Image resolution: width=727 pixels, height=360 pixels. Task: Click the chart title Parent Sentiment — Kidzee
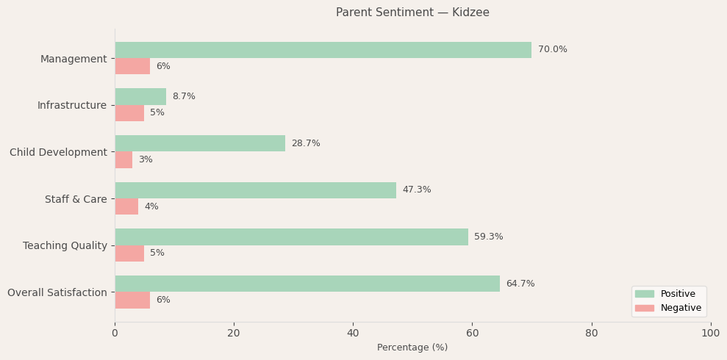(412, 12)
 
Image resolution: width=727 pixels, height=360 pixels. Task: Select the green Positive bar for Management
(323, 50)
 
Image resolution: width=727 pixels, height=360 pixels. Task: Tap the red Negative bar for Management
(132, 66)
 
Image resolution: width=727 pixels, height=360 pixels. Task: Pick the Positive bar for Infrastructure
(140, 96)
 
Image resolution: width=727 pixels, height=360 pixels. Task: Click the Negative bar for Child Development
(123, 159)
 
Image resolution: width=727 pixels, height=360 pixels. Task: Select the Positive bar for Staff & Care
(255, 190)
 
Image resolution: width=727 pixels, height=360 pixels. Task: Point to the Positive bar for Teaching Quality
(291, 237)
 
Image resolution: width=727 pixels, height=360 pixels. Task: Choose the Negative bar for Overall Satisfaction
(132, 300)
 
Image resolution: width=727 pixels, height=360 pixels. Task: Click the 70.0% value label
(552, 50)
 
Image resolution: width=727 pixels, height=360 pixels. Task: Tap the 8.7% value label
(184, 96)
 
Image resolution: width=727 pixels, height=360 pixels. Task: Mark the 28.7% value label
(306, 143)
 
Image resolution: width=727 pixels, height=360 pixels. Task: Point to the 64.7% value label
(520, 284)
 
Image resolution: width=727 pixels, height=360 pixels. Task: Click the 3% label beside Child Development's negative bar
(146, 159)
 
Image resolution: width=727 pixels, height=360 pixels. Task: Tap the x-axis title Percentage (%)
(412, 348)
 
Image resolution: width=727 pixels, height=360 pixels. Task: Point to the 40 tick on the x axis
(353, 333)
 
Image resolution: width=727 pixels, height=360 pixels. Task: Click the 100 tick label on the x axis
(710, 333)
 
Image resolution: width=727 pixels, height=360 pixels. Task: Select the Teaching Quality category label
(65, 245)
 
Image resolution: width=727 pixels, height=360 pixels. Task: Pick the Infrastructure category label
(71, 105)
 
